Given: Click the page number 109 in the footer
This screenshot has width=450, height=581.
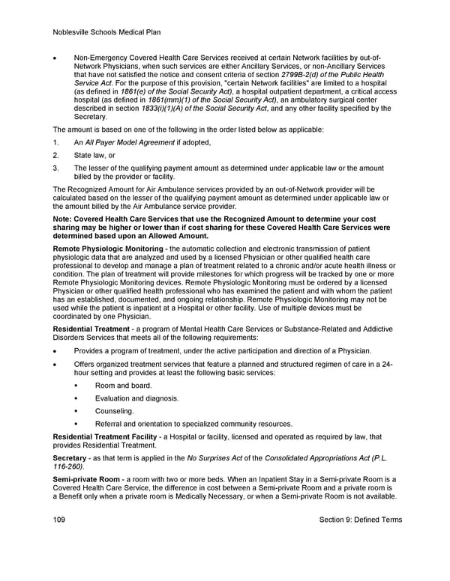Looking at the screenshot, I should (60, 520).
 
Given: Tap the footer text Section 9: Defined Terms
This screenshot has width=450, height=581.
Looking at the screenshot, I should (360, 520).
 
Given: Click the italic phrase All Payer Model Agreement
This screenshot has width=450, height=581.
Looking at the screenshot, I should (138, 142).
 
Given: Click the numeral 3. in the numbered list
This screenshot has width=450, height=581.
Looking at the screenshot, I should (56, 168).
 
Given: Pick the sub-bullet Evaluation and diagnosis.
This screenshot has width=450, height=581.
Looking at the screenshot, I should (136, 398).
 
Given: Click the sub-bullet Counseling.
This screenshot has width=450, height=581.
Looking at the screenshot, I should (114, 411).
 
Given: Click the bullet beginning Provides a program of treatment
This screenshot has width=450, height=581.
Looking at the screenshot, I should (222, 351).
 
